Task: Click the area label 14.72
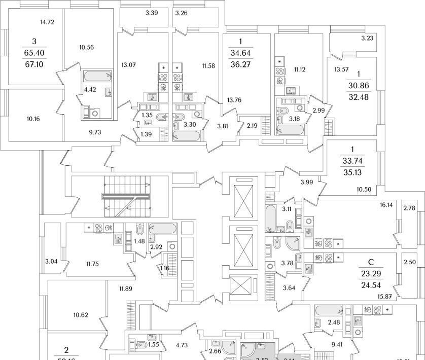(47, 22)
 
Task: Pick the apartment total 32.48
(360, 97)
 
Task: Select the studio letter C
(370, 262)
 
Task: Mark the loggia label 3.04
(51, 262)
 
